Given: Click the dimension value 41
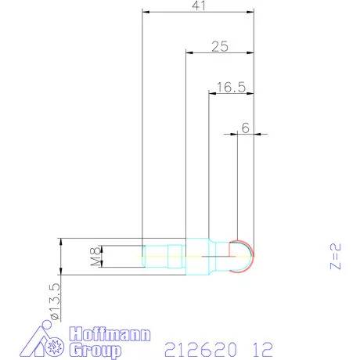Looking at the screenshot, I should tap(198, 6).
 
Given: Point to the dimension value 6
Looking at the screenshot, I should tap(245, 128).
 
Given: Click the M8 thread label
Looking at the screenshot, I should tap(93, 255).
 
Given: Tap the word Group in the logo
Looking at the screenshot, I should tap(95, 349).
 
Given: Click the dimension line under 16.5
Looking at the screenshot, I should tap(230, 94).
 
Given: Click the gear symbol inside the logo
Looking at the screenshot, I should tap(54, 345).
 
